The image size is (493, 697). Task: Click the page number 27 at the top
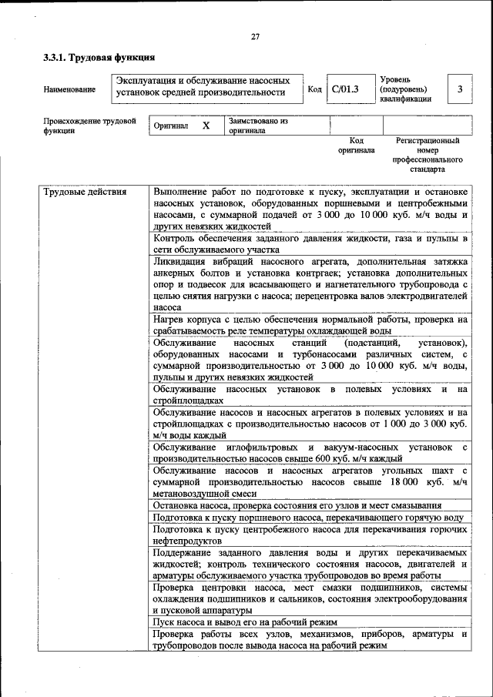click(255, 38)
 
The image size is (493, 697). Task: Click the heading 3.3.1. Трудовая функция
click(99, 58)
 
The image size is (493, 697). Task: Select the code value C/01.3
click(345, 89)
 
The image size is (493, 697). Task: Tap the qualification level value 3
click(460, 89)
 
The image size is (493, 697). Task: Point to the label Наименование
click(69, 89)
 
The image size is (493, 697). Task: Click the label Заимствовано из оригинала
click(257, 126)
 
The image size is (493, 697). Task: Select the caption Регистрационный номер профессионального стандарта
click(428, 154)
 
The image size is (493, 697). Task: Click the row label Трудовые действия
click(85, 192)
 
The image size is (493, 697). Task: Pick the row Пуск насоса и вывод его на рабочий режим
click(245, 621)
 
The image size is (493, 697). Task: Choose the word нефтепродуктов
click(187, 541)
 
